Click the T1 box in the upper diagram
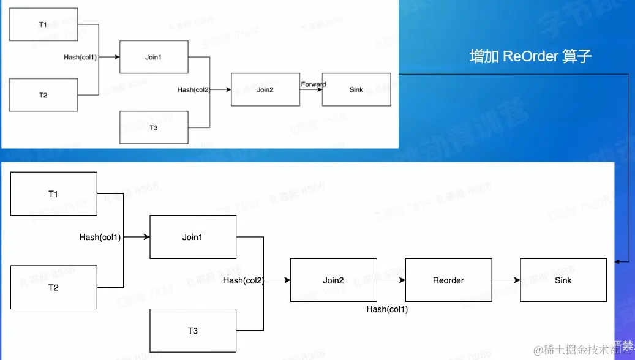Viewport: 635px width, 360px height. [43, 24]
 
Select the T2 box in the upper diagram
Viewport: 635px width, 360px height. [43, 95]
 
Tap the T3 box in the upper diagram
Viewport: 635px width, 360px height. [154, 127]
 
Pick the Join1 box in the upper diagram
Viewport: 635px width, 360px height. [154, 57]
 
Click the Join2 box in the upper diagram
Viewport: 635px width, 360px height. [265, 89]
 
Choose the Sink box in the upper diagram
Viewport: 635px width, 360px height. [356, 89]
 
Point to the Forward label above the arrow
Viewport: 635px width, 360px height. [314, 84]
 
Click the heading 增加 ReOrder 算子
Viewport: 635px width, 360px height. [530, 57]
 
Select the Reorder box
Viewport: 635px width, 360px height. [448, 280]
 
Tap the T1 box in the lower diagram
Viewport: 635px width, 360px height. [54, 194]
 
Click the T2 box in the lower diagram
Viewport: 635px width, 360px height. [54, 287]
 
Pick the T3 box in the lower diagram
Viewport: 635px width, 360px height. [193, 331]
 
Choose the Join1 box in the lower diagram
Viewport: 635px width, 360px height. [193, 237]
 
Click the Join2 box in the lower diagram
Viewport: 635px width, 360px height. [333, 280]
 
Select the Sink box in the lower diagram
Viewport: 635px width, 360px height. [563, 280]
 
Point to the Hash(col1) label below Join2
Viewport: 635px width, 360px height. [387, 309]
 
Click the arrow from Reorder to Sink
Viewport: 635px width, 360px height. [506, 280]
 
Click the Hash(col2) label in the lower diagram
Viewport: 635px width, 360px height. [242, 280]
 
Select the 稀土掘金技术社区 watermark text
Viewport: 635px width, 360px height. [582, 350]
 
